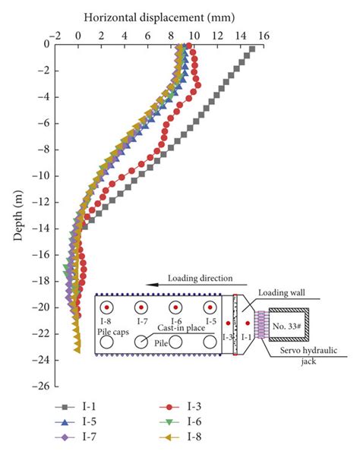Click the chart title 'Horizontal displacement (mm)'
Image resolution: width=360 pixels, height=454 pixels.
(x=159, y=17)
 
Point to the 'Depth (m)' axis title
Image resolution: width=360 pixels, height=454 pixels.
(x=18, y=216)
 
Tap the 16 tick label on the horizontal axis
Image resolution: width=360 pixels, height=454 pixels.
(x=264, y=36)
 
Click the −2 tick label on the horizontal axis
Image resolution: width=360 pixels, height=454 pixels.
(x=55, y=36)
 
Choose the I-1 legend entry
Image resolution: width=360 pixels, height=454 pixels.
(x=75, y=407)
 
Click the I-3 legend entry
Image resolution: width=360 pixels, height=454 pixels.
(x=180, y=407)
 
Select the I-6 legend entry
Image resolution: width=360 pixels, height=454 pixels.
(x=180, y=422)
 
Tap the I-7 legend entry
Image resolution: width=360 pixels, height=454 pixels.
(x=75, y=437)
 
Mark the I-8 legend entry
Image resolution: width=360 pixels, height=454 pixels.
(x=180, y=437)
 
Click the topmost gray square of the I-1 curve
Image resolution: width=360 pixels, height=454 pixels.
(x=252, y=49)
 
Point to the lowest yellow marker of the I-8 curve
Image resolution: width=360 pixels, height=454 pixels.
(x=77, y=351)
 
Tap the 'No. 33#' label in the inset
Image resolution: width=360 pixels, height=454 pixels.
(x=287, y=326)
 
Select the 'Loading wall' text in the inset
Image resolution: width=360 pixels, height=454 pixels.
(x=282, y=293)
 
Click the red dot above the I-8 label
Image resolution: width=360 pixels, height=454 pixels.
(x=106, y=307)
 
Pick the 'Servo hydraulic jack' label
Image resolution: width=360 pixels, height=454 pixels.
(x=308, y=356)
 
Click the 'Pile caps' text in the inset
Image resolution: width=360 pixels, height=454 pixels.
(x=113, y=332)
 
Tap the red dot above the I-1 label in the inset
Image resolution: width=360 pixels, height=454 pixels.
(x=248, y=323)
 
